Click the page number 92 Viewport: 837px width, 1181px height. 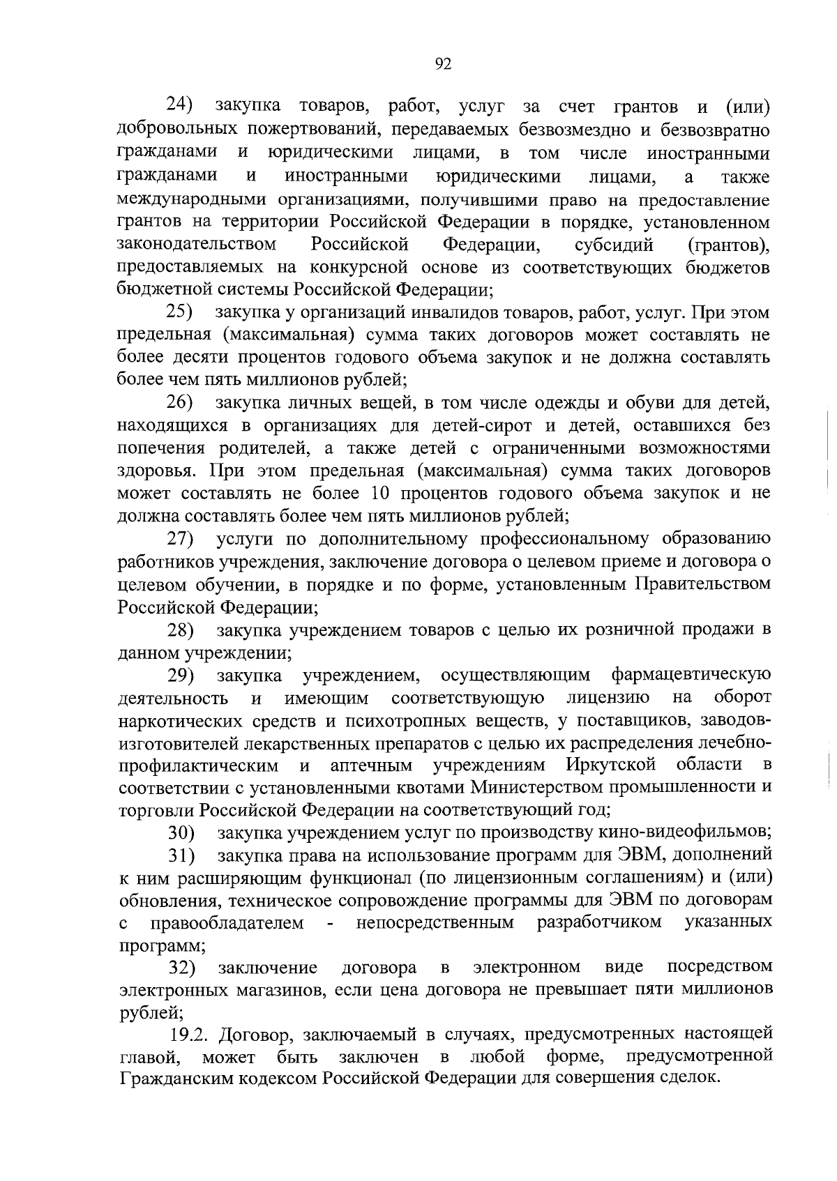tap(443, 64)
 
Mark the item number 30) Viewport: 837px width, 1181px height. tap(181, 833)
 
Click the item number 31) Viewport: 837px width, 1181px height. tap(181, 855)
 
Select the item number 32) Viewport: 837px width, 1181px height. tap(181, 968)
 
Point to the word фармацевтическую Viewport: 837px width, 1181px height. tap(691, 676)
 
